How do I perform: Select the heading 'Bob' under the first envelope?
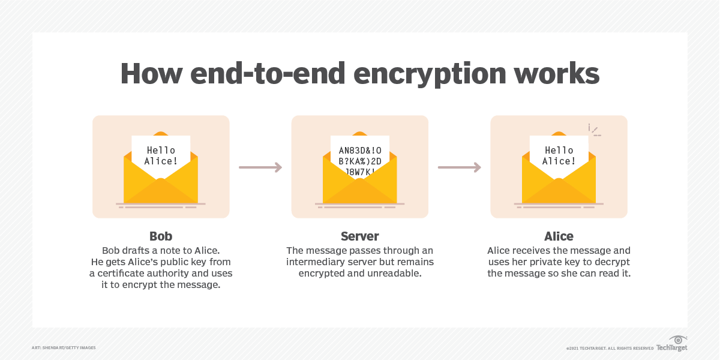point(161,236)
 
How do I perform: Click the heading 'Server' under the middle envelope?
point(359,236)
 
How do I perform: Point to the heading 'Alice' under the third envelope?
point(559,236)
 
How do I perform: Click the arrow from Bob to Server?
point(260,167)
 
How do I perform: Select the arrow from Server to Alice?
point(460,167)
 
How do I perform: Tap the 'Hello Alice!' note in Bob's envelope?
point(161,155)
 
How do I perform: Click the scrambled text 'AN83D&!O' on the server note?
point(360,150)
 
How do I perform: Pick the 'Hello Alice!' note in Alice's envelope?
point(559,155)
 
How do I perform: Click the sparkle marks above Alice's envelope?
point(593,130)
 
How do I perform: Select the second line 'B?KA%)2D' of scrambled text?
point(360,161)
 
